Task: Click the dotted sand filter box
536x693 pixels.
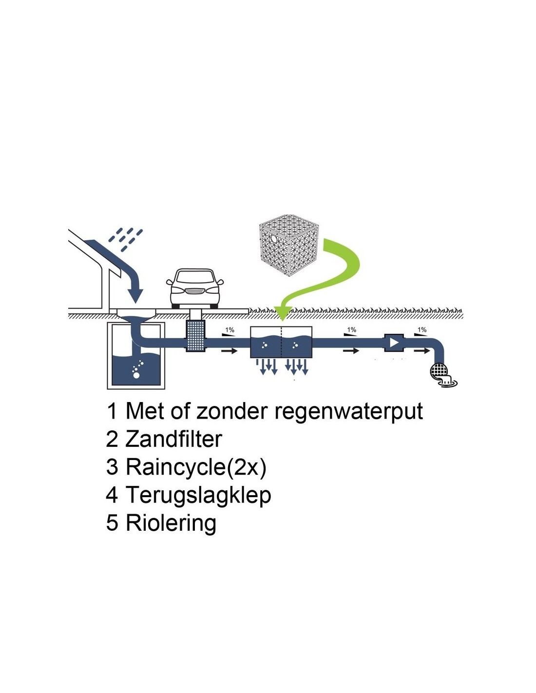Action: [195, 336]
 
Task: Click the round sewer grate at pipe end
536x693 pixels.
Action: [440, 371]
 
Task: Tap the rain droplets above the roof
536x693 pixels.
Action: [126, 239]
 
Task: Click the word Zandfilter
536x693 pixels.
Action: [173, 439]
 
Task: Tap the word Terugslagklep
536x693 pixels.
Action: [198, 495]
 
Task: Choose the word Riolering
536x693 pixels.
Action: [171, 523]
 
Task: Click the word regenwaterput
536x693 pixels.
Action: [348, 411]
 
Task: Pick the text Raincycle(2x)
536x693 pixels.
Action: [196, 467]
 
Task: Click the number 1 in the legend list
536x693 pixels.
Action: [112, 411]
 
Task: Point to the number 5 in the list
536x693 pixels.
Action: [112, 523]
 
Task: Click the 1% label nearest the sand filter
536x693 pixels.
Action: [230, 330]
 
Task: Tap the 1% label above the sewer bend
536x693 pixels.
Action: [422, 330]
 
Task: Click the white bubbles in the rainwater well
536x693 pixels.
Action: [138, 369]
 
